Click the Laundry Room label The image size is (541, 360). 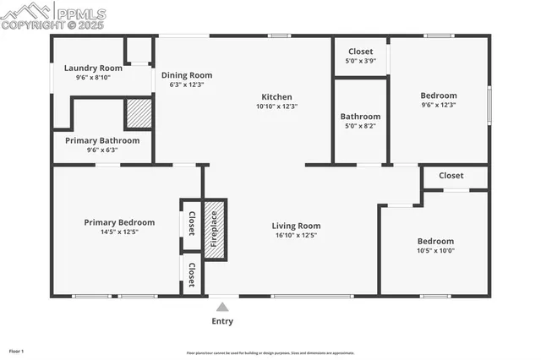(93, 68)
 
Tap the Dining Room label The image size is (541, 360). (187, 74)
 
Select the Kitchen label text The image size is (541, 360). (277, 96)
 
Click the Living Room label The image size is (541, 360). (296, 226)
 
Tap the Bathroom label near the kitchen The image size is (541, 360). (360, 117)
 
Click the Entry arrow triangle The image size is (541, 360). (222, 307)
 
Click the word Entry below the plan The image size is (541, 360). (222, 321)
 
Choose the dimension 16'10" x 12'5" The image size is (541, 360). (296, 235)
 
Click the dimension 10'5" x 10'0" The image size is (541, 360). (435, 250)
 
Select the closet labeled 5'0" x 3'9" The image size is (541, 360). (360, 61)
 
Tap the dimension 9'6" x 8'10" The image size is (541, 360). (93, 77)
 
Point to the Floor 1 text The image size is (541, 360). (17, 351)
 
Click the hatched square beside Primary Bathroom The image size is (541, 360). (139, 112)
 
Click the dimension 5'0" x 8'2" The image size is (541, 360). (360, 126)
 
